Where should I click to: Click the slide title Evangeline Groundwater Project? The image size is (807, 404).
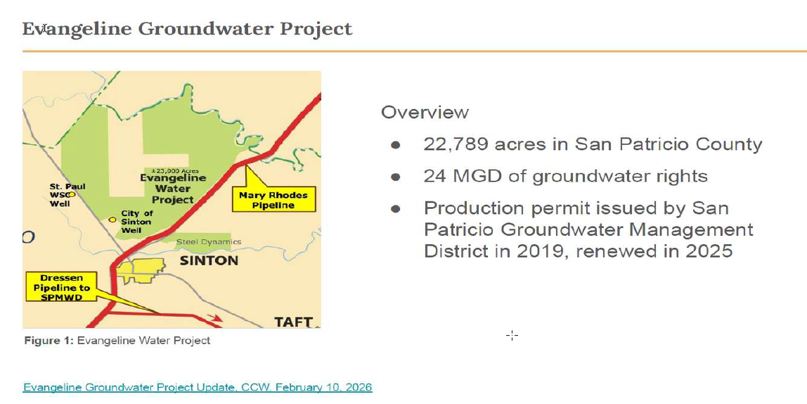187,29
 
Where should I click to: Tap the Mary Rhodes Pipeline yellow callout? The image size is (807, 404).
274,200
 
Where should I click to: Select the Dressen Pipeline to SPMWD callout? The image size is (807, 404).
61,288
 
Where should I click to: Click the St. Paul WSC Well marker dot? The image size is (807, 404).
72,195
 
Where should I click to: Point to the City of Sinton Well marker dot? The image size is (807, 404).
112,220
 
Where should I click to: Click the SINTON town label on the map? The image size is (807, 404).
209,260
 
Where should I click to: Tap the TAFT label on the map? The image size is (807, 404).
293,322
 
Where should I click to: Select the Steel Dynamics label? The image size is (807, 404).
209,241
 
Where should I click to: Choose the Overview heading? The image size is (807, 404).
425,113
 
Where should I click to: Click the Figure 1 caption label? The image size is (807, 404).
49,341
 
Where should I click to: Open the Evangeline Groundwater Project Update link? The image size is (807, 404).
197,387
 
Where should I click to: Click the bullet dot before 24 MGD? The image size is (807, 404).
395,177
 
